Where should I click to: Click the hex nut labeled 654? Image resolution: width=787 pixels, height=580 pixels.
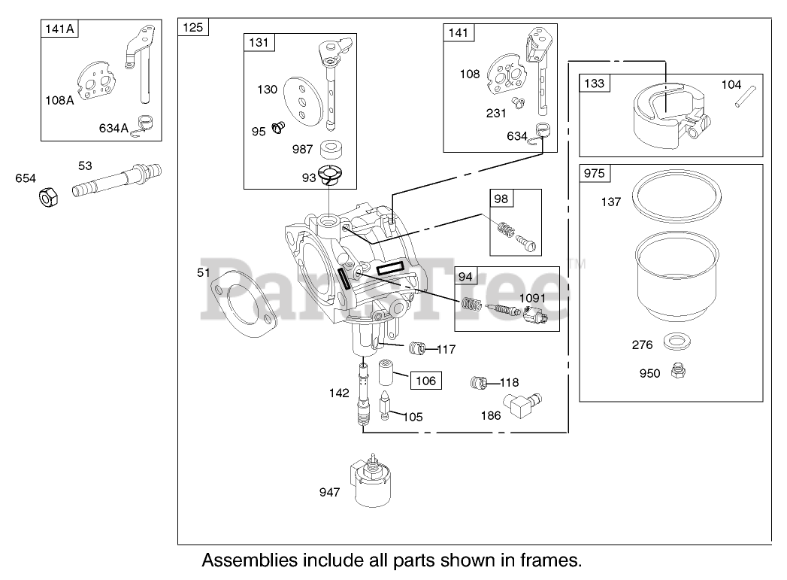49,198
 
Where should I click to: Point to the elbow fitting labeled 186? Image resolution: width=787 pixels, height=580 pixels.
524,407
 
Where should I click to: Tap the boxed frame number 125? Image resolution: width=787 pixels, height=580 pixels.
192,28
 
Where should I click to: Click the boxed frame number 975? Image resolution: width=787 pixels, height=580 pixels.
594,174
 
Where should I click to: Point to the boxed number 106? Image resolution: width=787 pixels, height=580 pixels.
425,381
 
